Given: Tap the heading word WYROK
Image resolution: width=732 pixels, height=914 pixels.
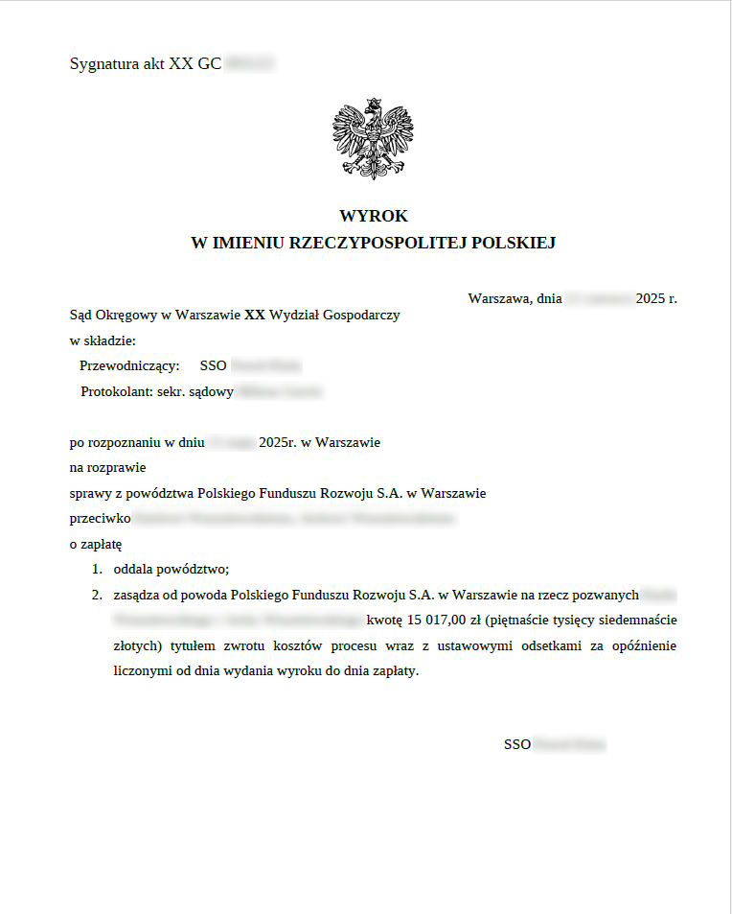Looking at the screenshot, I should (x=374, y=217).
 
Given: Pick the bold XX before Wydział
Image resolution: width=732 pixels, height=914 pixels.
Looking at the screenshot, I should (x=255, y=314).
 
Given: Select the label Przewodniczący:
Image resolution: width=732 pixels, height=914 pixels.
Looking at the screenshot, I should (x=129, y=365).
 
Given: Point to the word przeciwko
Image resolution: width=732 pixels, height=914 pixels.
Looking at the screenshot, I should (x=100, y=519).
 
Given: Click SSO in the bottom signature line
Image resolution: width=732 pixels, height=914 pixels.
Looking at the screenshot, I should (x=516, y=744).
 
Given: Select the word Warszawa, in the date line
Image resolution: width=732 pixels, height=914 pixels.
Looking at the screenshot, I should (x=500, y=298).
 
